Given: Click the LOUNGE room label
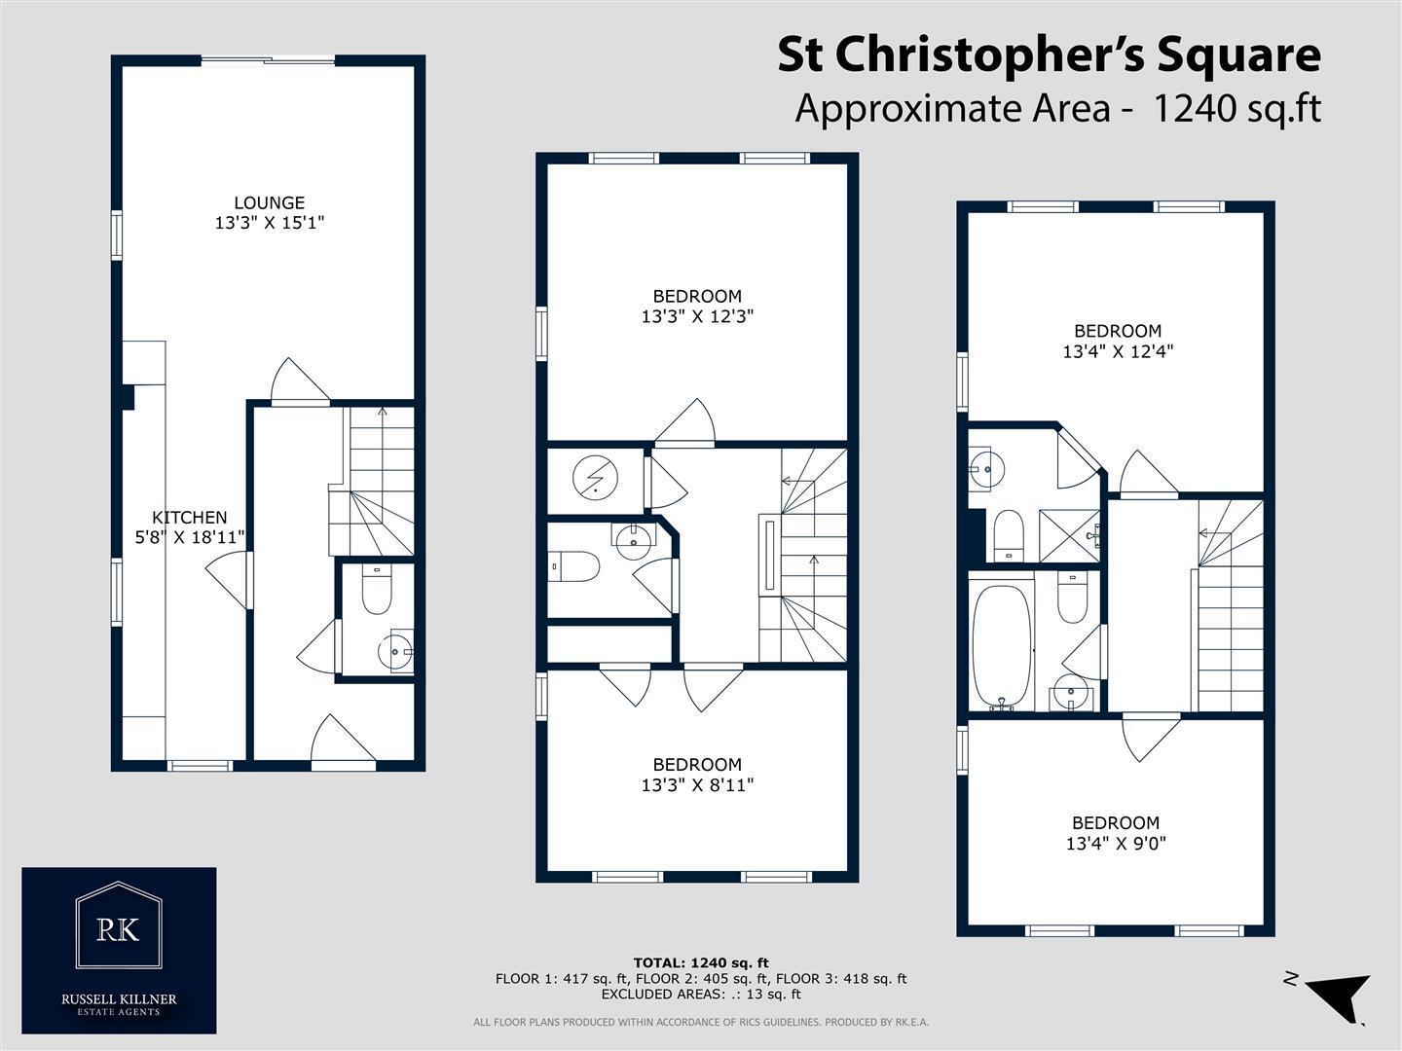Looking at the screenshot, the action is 269,203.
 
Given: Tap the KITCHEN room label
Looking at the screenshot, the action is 189,517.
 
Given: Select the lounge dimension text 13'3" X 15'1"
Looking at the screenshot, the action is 270,223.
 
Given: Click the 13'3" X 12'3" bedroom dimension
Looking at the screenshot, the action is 697,316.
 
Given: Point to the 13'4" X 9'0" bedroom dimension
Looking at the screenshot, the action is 1116,844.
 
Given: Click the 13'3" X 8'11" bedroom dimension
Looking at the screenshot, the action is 697,785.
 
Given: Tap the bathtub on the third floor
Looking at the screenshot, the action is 1001,644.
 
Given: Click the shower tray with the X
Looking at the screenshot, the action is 1068,535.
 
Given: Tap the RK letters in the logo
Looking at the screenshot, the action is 118,929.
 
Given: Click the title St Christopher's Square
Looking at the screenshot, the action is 1049,54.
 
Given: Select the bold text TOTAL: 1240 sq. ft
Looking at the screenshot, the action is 701,962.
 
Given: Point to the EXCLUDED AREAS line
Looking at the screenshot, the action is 701,995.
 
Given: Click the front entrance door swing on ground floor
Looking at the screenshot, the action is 343,739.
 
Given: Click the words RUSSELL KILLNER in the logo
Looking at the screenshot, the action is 119,999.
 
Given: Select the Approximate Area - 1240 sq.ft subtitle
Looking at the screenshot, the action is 1057,108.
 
